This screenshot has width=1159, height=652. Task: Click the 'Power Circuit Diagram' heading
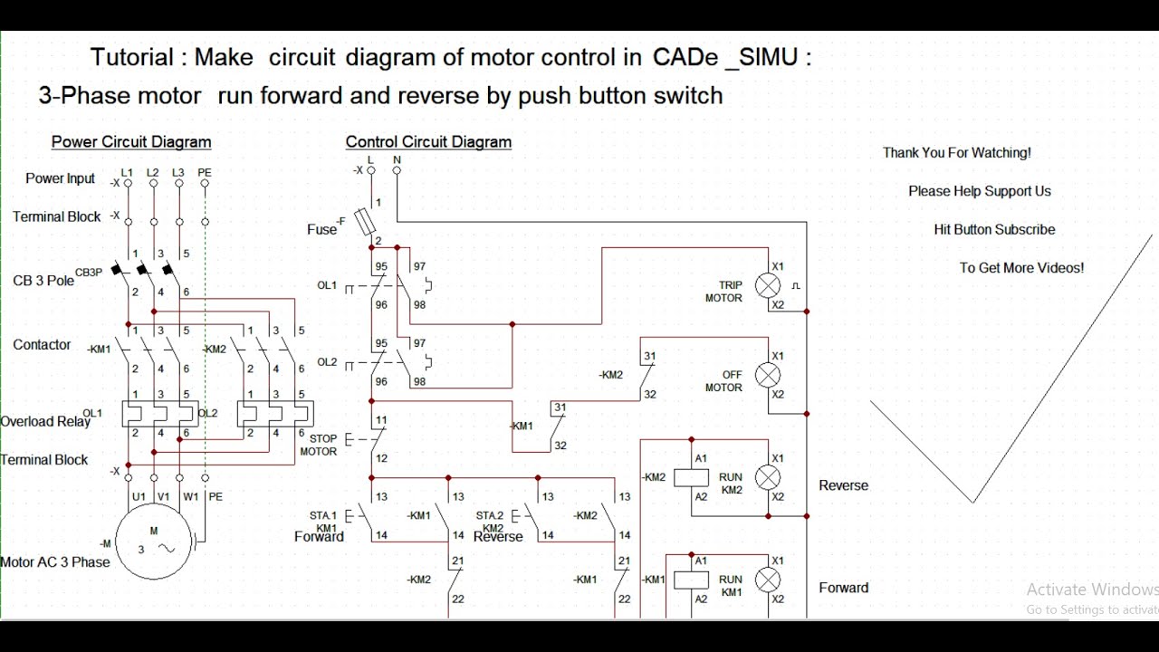(131, 142)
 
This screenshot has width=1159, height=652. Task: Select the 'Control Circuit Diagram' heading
(428, 142)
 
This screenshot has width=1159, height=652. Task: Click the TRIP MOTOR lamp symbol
(768, 286)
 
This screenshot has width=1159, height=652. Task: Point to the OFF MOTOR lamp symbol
(768, 375)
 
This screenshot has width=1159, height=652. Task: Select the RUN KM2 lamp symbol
(768, 477)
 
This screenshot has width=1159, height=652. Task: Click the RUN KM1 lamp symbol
(768, 580)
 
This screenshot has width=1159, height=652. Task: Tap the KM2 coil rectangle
(691, 477)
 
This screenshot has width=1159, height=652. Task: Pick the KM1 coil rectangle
(691, 580)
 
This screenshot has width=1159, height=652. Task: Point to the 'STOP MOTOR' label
(319, 445)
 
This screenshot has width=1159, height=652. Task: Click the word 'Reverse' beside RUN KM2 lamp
(843, 485)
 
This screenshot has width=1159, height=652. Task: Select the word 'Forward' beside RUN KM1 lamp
(843, 588)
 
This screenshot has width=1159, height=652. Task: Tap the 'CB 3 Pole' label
(43, 280)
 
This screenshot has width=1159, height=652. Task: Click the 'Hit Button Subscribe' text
(994, 230)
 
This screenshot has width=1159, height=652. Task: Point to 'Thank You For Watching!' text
(957, 153)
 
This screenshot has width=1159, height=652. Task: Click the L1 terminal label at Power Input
(128, 172)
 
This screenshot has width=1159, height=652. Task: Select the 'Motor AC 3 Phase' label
(54, 562)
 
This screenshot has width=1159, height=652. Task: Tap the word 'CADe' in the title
(683, 58)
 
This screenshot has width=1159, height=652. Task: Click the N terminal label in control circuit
(397, 159)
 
